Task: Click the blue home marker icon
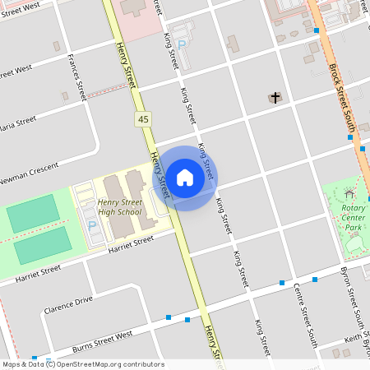pos(185,178)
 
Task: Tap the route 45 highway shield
pos(144,120)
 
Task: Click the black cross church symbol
pos(275,98)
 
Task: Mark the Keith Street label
pos(356,348)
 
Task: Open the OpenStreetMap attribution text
pos(82,364)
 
